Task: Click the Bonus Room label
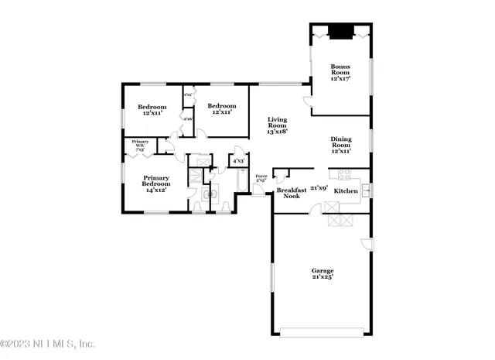(x=340, y=72)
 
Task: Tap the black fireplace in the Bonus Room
(x=340, y=33)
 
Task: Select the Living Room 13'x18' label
(x=277, y=125)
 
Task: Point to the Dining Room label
(x=341, y=145)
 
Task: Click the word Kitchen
(x=346, y=190)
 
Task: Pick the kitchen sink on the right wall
(x=366, y=190)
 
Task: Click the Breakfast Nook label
(x=291, y=193)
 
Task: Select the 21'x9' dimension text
(x=319, y=187)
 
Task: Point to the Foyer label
(x=261, y=179)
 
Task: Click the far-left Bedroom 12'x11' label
(x=152, y=109)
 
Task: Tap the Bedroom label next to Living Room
(x=221, y=109)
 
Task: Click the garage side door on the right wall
(x=367, y=246)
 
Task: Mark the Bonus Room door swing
(x=308, y=101)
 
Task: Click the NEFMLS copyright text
(x=48, y=344)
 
